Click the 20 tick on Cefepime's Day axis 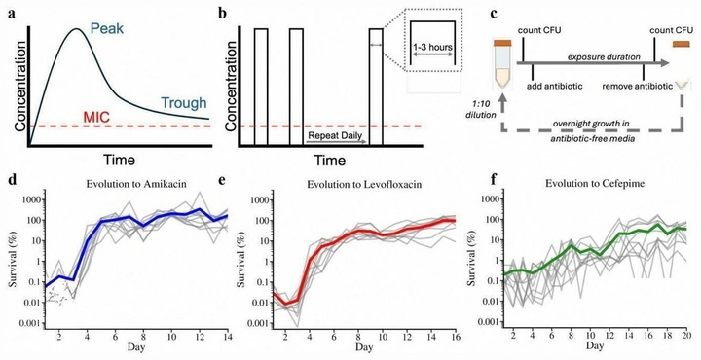(687, 336)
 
